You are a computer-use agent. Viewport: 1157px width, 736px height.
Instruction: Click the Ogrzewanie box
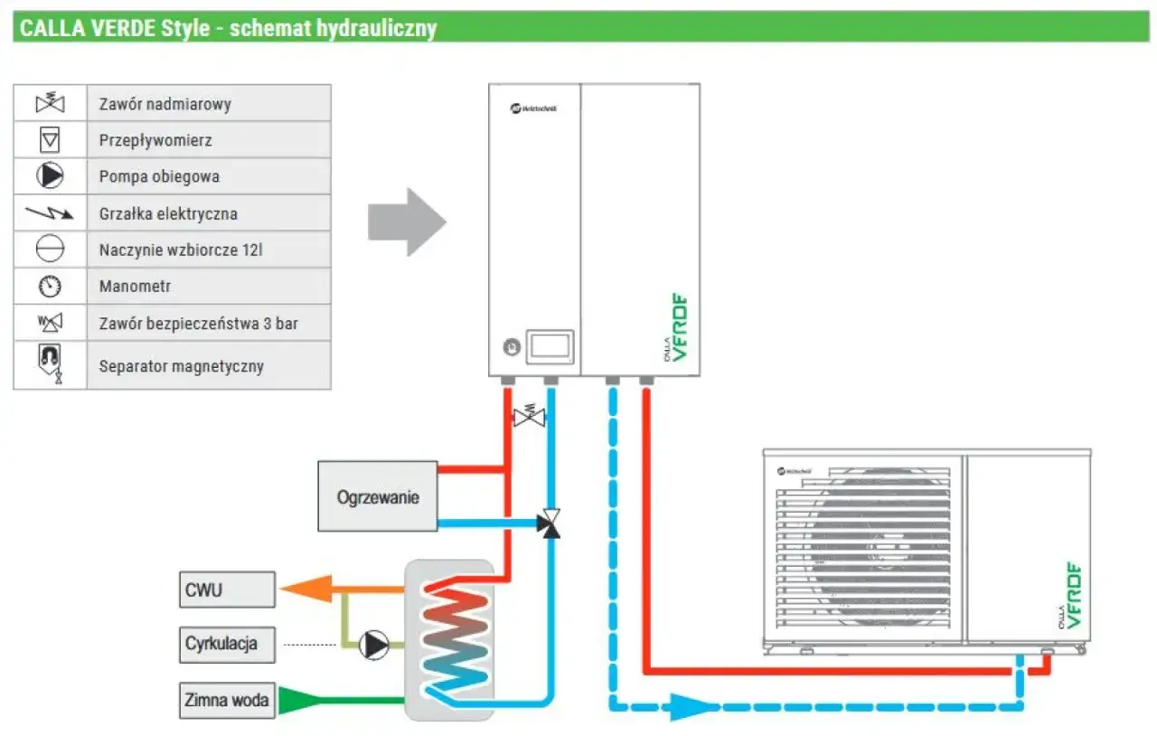point(378,496)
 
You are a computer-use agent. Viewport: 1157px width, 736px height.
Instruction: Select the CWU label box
point(227,590)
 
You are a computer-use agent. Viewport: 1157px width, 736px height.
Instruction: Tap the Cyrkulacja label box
point(227,644)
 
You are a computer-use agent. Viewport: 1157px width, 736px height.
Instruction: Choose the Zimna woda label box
point(227,700)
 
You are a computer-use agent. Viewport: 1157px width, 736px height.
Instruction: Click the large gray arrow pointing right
point(407,222)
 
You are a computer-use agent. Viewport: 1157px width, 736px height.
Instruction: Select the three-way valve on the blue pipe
point(549,524)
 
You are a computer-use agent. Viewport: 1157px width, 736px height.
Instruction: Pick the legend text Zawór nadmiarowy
point(165,104)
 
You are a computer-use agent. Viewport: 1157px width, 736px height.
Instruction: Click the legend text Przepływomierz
point(155,141)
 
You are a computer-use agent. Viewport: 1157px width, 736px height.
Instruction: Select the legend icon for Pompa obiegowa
point(50,176)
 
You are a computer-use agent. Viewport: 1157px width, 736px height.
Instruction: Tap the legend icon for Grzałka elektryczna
point(50,214)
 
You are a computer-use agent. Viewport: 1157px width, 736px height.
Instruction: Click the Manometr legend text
point(135,287)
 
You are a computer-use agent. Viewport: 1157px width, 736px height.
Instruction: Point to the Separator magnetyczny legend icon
point(50,363)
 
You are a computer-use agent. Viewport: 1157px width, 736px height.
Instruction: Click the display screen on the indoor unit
point(550,346)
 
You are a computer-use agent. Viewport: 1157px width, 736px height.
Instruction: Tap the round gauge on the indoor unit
point(511,347)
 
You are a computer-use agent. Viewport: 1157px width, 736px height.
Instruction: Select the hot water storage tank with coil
point(449,639)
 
